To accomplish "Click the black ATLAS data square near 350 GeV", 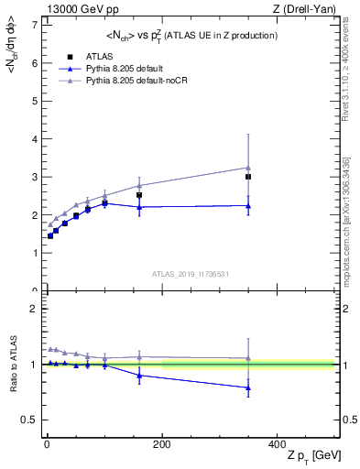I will [247, 177].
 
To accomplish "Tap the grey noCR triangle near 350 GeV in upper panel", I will [247, 168].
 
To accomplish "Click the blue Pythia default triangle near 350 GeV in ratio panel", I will [247, 387].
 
